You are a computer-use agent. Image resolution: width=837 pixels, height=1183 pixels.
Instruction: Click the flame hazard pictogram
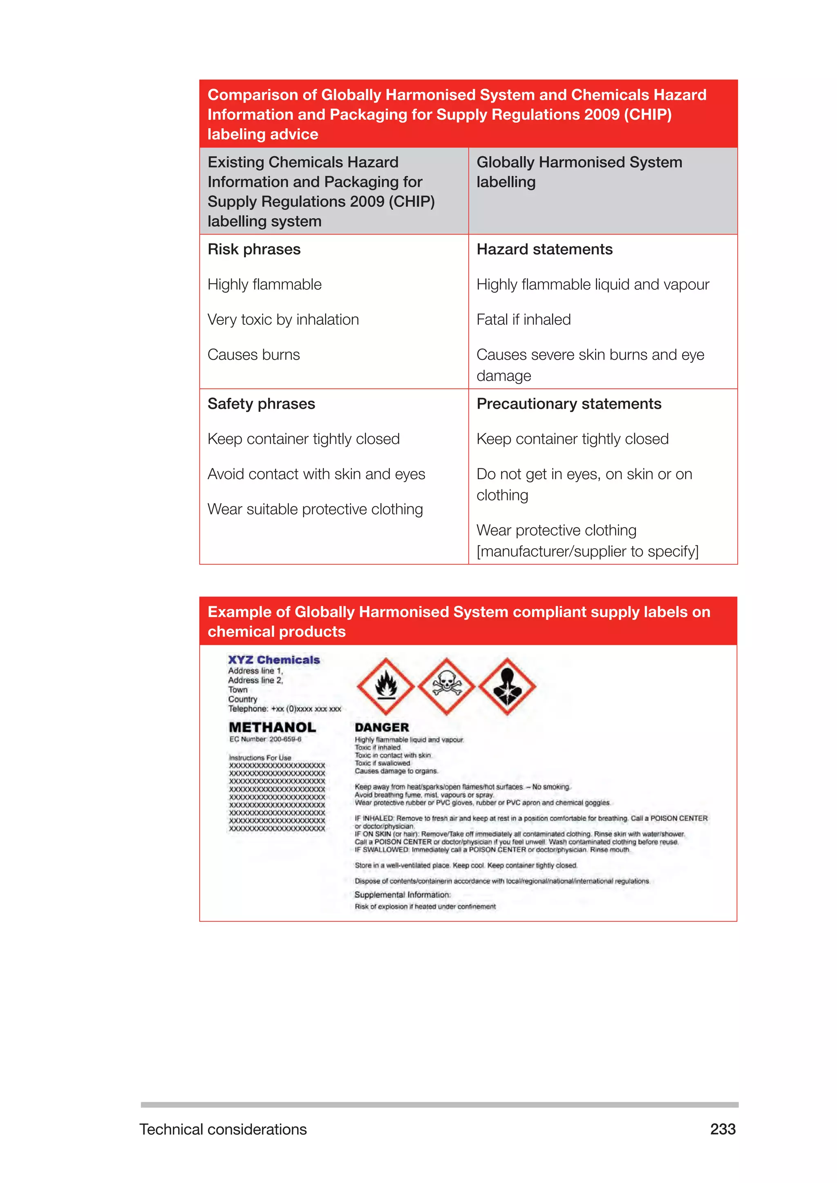tap(385, 686)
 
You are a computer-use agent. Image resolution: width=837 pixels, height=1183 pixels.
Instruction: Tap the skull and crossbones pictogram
tap(446, 686)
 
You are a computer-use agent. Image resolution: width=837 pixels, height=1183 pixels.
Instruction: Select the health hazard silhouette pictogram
tap(507, 686)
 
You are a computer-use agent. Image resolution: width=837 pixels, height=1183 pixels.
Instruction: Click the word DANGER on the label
tap(381, 727)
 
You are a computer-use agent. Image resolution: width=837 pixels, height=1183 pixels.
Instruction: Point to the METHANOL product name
tap(272, 727)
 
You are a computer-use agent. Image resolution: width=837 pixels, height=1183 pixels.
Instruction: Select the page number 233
tap(723, 1129)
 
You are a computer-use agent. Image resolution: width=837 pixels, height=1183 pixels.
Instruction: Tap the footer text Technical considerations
tap(223, 1129)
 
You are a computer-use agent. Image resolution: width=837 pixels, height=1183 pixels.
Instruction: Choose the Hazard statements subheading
tap(544, 249)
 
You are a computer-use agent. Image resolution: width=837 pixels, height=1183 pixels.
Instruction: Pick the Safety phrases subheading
tap(261, 404)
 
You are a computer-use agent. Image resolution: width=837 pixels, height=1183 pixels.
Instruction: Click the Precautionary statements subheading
tap(568, 404)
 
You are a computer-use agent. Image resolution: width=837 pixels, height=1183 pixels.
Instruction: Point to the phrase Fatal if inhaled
tap(523, 319)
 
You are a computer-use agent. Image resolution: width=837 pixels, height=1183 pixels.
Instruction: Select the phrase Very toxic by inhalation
tap(283, 319)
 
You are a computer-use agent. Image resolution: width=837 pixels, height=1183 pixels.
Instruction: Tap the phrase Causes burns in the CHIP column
tap(253, 355)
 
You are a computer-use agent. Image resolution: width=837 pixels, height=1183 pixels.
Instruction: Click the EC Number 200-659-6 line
tap(265, 739)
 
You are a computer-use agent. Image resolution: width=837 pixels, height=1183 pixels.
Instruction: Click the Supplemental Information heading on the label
tap(402, 895)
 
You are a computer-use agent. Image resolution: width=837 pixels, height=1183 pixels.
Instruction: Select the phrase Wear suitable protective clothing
tap(315, 509)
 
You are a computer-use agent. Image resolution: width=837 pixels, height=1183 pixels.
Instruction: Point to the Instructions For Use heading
tap(260, 757)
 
